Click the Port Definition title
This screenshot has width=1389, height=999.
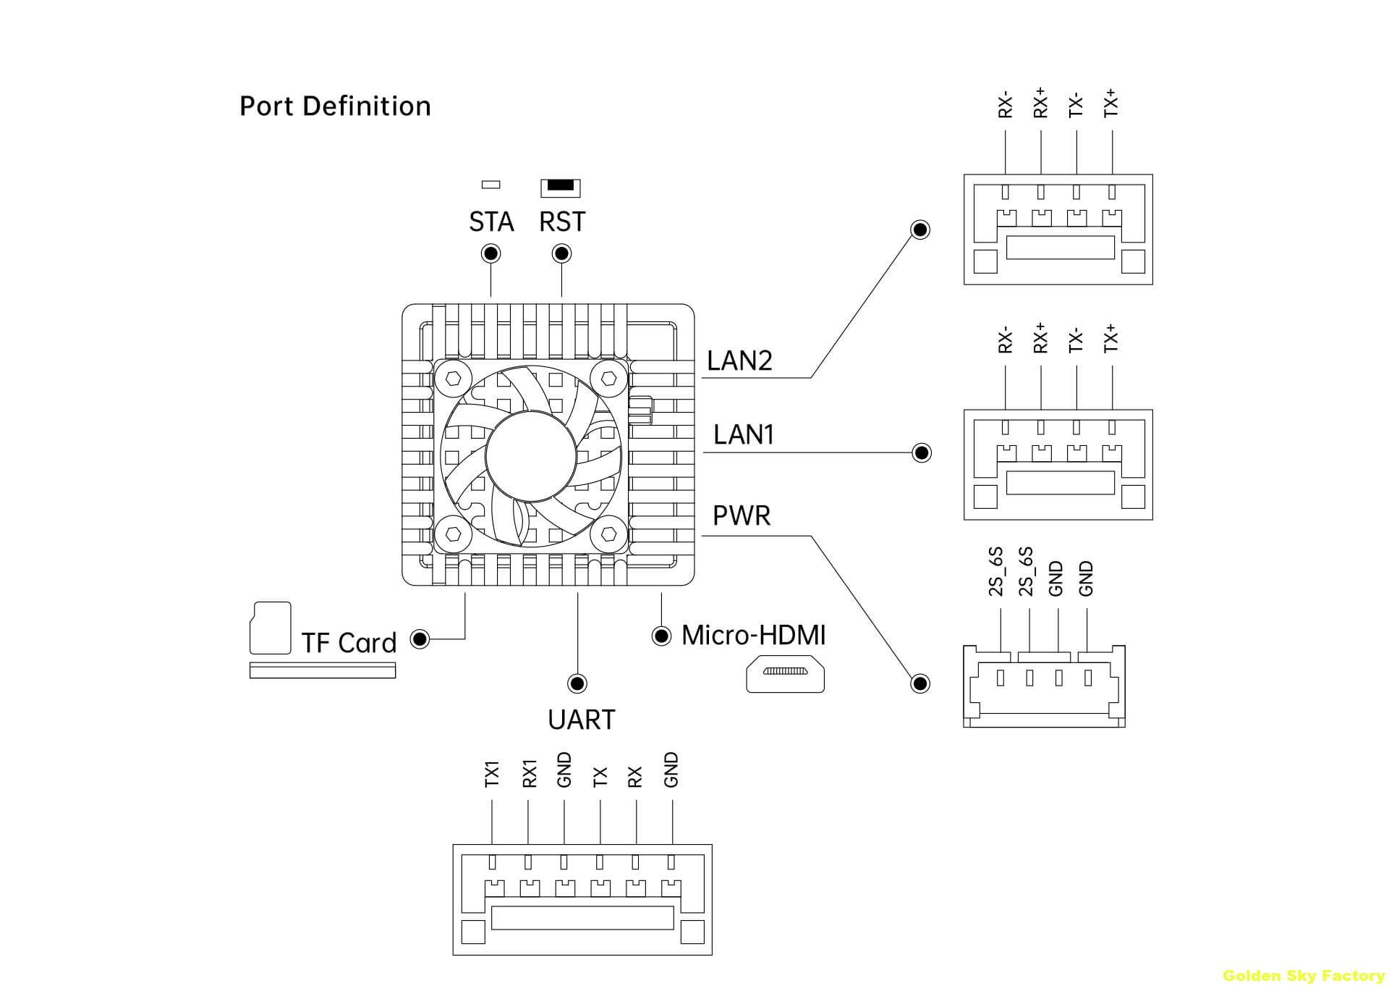[335, 106]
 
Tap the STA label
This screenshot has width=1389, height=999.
[491, 222]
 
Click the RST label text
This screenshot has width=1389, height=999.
[562, 222]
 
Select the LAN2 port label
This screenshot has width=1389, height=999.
[739, 361]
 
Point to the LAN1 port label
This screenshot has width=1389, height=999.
[744, 434]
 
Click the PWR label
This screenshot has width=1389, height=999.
[742, 515]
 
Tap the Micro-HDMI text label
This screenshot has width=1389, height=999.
[753, 635]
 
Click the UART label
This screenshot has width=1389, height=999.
[582, 720]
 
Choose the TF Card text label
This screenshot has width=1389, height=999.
[349, 643]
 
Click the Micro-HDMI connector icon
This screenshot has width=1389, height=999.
[785, 673]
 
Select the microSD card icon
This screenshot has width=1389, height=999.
[270, 628]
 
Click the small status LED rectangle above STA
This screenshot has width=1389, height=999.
[490, 185]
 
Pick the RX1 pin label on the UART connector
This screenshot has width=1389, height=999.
[529, 773]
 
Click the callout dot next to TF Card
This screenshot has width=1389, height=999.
[420, 638]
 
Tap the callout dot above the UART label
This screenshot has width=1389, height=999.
[577, 683]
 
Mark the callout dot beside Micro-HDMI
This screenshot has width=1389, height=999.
[661, 636]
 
